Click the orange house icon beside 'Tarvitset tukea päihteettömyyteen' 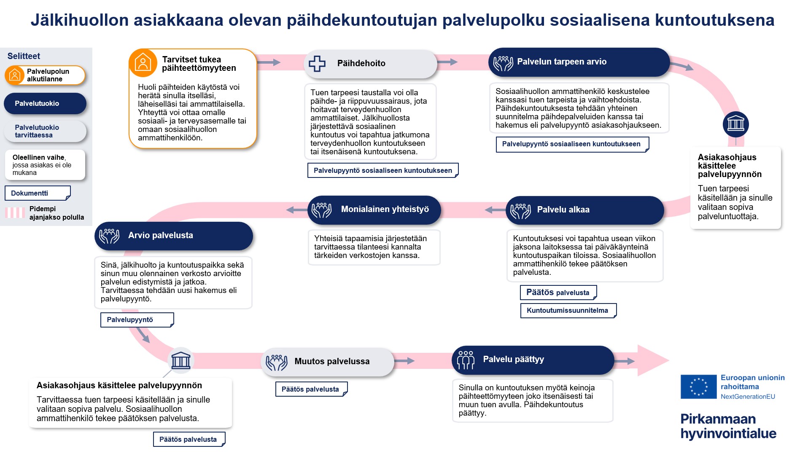tap(143, 63)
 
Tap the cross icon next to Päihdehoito tap(317, 64)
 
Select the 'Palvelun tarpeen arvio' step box tap(579, 62)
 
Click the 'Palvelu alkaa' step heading tap(563, 210)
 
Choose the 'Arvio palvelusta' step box tap(173, 236)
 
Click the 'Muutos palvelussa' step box tap(327, 362)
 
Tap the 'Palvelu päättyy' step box tap(532, 360)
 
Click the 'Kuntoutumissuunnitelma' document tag tap(568, 311)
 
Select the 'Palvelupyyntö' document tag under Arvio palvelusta tap(137, 320)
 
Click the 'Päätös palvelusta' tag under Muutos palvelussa tap(311, 390)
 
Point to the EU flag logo tap(698, 387)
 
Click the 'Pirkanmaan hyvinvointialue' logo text tap(728, 426)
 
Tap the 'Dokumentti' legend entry tap(37, 193)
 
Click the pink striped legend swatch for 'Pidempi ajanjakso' tap(15, 213)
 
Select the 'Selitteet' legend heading tap(24, 56)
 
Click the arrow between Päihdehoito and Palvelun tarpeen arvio tap(447, 62)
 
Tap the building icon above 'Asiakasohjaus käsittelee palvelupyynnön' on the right tap(735, 124)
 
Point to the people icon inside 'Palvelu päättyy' tap(466, 360)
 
